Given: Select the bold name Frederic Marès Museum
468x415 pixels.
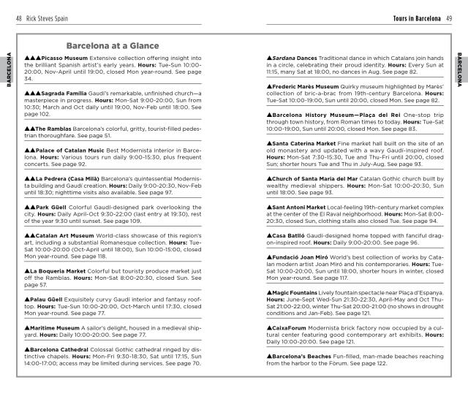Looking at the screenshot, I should click(x=309, y=86).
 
